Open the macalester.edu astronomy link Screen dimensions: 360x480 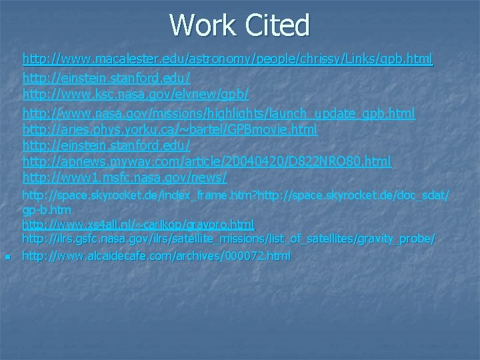(x=227, y=59)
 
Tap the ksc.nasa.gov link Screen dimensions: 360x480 (x=135, y=96)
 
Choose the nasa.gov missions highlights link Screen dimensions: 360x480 (x=219, y=113)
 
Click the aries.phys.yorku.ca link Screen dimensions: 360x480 (x=169, y=129)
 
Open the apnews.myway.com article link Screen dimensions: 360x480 (x=207, y=161)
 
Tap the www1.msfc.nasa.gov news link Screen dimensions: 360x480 (x=125, y=177)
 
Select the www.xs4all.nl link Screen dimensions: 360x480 (x=138, y=224)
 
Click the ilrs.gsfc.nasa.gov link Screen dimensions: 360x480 (x=229, y=238)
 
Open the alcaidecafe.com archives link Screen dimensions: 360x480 (x=156, y=255)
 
